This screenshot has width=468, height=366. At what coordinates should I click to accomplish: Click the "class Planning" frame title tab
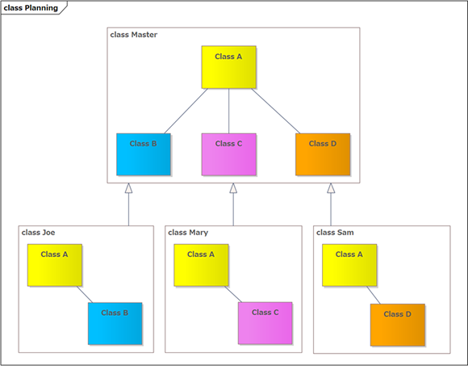point(34,7)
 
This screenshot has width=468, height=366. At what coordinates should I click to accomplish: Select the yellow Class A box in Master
point(228,67)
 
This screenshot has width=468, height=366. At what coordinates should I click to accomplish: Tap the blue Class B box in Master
point(144,154)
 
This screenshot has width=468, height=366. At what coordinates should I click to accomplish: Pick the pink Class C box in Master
point(229,154)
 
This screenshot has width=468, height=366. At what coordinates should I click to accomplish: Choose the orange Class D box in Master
point(323,154)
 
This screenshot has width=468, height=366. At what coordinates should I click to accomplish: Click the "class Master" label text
point(134,35)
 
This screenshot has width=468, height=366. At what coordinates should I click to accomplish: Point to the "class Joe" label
point(38,233)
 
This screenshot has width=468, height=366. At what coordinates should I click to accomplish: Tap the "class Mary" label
point(188,233)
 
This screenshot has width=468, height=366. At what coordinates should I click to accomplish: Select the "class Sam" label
point(335,233)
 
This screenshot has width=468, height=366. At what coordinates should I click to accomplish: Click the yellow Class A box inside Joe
point(55,265)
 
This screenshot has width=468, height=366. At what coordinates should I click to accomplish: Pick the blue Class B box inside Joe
point(115,323)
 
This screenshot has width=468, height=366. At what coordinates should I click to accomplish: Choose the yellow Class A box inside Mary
point(201,265)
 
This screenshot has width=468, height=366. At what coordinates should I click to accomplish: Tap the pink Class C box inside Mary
point(265,323)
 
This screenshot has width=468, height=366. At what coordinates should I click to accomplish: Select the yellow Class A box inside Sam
point(349,265)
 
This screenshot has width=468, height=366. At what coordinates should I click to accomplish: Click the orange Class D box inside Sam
point(398,325)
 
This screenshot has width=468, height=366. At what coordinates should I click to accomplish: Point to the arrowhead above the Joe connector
point(128,188)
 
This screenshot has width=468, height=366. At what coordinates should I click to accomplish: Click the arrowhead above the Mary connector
point(233,188)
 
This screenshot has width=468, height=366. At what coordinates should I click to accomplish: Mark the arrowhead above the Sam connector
point(331,188)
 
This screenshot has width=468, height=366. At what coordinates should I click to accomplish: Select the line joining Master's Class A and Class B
point(186,111)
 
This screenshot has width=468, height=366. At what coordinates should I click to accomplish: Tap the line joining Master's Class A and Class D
point(275,111)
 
